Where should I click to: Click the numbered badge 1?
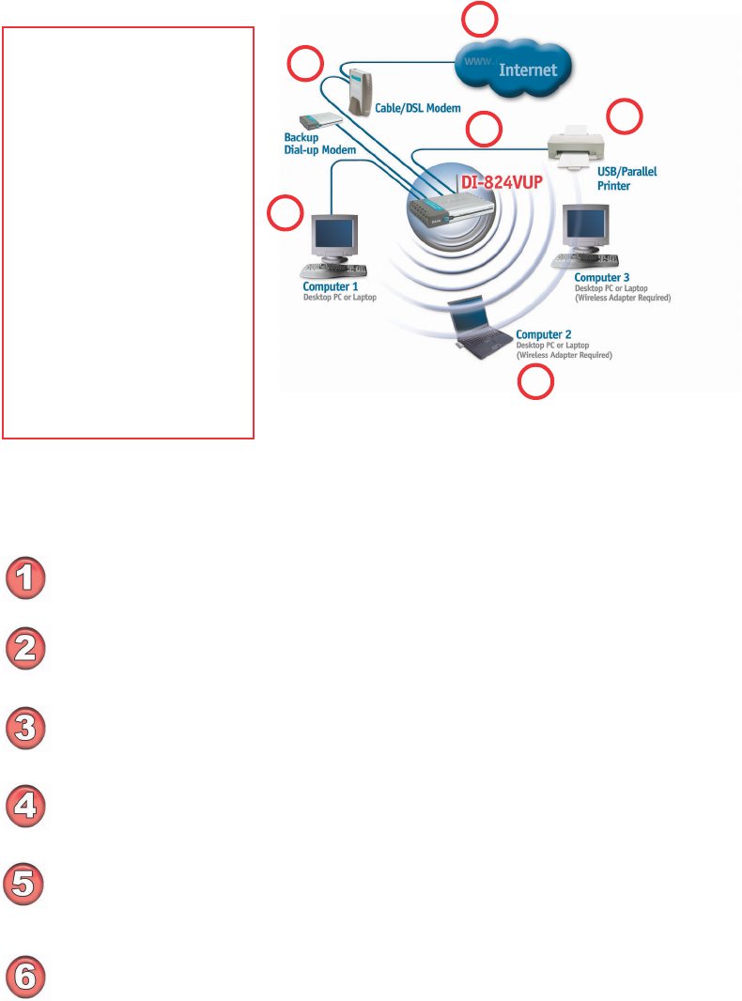[x=27, y=577]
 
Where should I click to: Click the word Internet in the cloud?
[x=528, y=69]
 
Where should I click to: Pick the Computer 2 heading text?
[x=544, y=333]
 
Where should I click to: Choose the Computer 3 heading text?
[x=602, y=277]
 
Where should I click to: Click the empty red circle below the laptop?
[x=537, y=383]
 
